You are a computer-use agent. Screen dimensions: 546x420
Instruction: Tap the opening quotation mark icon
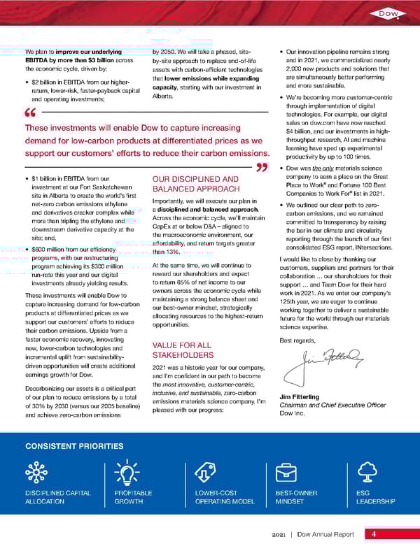29,114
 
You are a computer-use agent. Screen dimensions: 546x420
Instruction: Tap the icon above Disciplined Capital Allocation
36,473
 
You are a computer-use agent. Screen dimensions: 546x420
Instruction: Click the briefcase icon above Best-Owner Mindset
288,473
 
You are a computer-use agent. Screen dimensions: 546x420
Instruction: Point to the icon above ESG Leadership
369,473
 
